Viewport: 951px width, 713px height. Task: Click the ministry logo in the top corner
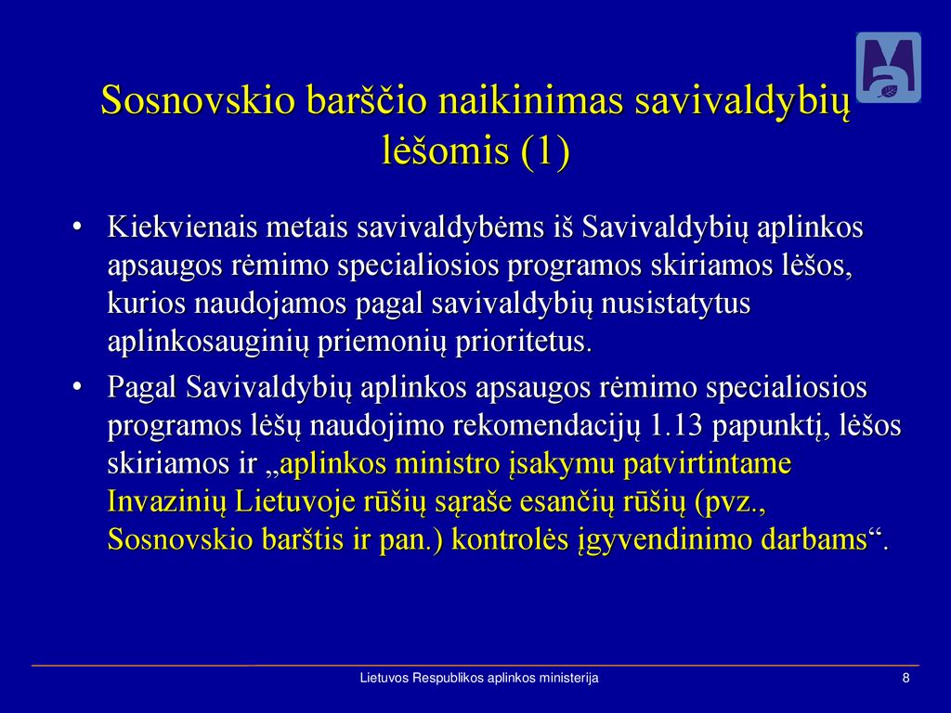(888, 67)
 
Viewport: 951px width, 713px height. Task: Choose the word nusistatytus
(675, 304)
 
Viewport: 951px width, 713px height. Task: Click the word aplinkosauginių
(208, 342)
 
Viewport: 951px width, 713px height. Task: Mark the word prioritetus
(523, 342)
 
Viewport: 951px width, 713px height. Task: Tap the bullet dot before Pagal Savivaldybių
(76, 387)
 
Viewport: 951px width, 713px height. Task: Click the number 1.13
(676, 425)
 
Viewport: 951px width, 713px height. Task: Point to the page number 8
(906, 678)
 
